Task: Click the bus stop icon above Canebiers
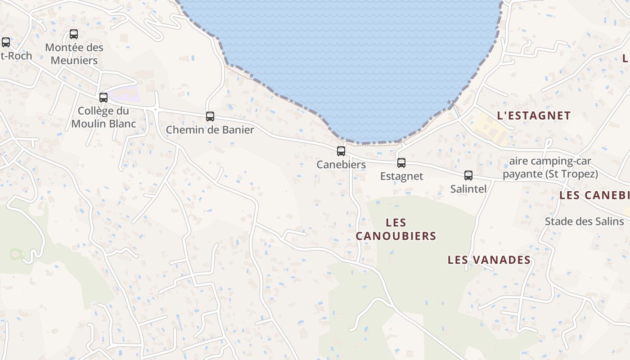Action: tap(341, 151)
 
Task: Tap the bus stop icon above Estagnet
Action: tap(401, 163)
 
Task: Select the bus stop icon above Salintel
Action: tap(468, 175)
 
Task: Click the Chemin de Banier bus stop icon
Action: tap(210, 117)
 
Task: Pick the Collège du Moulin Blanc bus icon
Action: tap(103, 98)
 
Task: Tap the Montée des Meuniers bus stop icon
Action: tap(74, 34)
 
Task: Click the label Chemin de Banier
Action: tap(210, 130)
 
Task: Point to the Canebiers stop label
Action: tap(341, 165)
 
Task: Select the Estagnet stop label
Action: tap(401, 176)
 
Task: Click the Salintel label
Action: tap(468, 189)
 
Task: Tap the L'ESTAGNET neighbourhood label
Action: tap(534, 116)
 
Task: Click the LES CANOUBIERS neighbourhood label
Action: tap(396, 229)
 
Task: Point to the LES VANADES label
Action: tap(489, 260)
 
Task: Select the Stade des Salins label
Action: tap(584, 221)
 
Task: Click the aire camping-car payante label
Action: tap(550, 167)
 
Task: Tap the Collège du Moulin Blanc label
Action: tap(103, 117)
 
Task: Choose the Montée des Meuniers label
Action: tap(74, 54)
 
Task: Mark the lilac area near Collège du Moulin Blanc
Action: tap(124, 94)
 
